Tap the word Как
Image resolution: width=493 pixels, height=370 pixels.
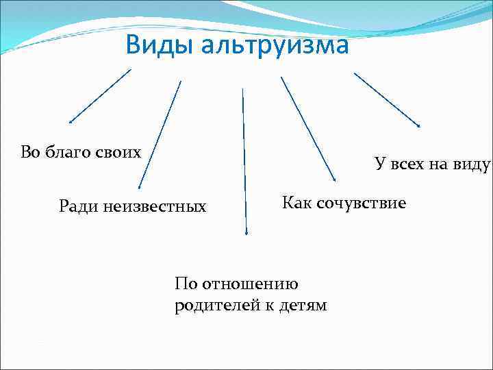click(x=297, y=203)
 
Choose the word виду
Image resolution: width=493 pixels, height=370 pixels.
click(x=472, y=164)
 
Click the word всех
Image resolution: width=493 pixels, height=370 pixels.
click(x=407, y=164)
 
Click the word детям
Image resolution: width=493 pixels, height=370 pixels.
click(x=303, y=305)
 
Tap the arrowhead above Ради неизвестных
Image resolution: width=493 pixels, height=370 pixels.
click(x=139, y=186)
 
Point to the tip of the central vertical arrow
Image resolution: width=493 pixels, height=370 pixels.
click(x=246, y=234)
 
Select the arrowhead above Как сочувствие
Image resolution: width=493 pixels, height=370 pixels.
click(x=334, y=180)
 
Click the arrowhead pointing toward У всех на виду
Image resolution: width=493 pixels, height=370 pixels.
click(x=419, y=125)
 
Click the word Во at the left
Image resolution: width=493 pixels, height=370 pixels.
click(x=31, y=152)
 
